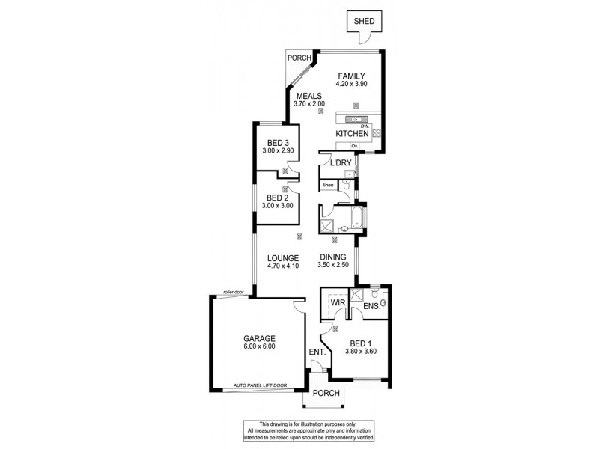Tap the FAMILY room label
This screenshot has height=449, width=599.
point(351,76)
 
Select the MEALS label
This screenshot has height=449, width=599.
point(309,96)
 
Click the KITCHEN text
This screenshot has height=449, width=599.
point(353,133)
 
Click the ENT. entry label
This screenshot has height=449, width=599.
point(316,351)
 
